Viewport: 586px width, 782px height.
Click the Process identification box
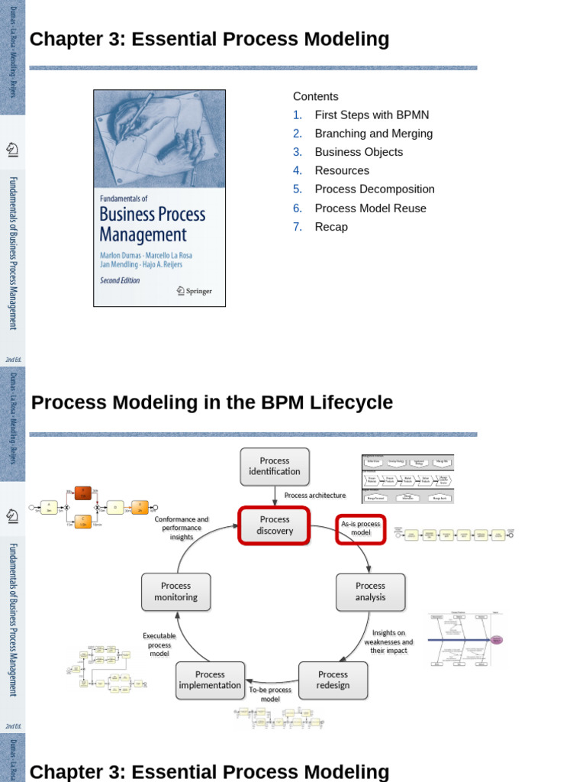pos(275,467)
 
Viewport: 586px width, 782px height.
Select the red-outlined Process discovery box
pos(275,525)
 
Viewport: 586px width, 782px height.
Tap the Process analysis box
pos(370,592)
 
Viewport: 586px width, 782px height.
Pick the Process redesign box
pos(333,680)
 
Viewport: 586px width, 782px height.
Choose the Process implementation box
pos(210,680)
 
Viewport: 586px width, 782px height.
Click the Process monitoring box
pos(175,592)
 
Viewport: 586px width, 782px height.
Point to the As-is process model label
pos(361,528)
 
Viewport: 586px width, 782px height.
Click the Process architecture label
pos(314,496)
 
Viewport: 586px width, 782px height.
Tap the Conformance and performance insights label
pos(182,528)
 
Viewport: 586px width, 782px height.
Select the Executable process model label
pos(159,645)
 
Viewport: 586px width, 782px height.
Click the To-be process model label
pos(270,694)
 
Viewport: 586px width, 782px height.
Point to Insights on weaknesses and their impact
pos(388,641)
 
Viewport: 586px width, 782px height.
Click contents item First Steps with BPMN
pos(372,115)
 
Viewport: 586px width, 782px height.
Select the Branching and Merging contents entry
pos(373,134)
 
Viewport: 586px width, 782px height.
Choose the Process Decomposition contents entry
pos(375,189)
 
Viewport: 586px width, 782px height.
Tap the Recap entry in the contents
pos(331,227)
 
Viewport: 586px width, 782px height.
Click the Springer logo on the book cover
pos(194,291)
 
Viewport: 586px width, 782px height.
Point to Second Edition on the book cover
pos(121,280)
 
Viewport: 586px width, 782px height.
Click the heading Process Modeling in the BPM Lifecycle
pos(212,402)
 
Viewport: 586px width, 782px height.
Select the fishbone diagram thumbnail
pos(466,639)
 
